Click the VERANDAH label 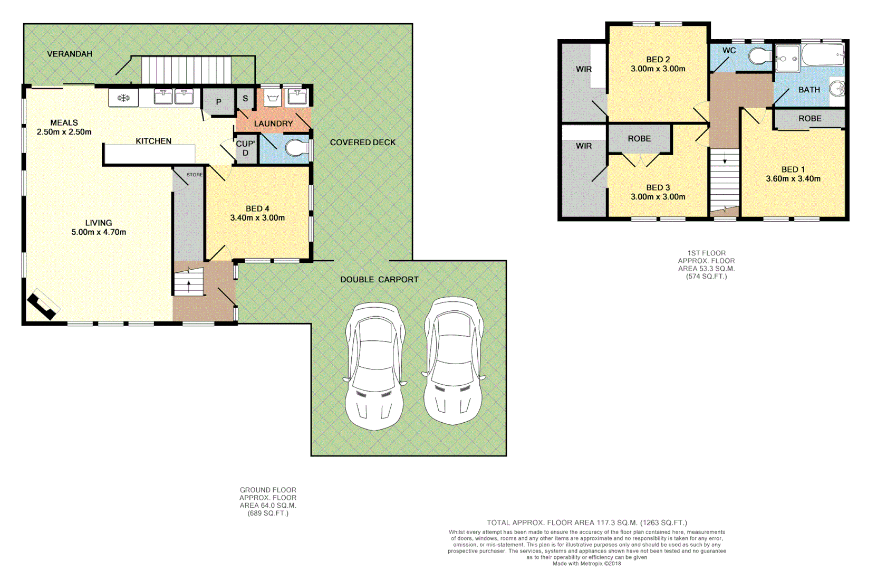[x=69, y=54]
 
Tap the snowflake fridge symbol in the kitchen [x=123, y=98]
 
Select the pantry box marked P [x=218, y=102]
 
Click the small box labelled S [x=245, y=98]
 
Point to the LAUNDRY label [x=273, y=123]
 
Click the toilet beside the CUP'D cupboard [x=296, y=148]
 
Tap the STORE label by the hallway [x=194, y=175]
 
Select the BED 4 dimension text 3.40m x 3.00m [x=257, y=217]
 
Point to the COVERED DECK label [x=362, y=142]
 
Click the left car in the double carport [x=375, y=366]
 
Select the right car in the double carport [x=453, y=361]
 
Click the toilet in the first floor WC [x=760, y=55]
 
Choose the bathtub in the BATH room [x=823, y=55]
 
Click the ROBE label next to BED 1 [x=809, y=118]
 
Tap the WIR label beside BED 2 [x=583, y=69]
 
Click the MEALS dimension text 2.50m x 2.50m [x=64, y=132]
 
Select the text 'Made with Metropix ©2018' [x=586, y=564]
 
